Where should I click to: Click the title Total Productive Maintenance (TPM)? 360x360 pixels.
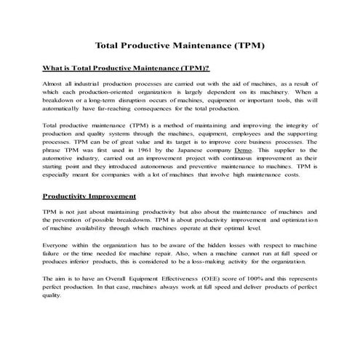coord(180,45)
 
